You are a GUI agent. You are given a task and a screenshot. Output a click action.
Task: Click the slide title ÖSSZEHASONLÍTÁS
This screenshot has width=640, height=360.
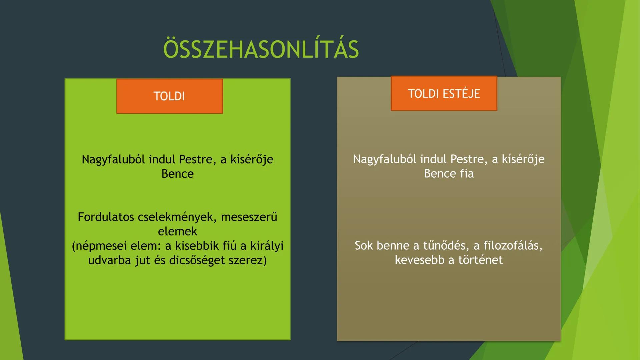click(261, 49)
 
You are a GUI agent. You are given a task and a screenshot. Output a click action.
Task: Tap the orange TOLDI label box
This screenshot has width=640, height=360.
click(169, 96)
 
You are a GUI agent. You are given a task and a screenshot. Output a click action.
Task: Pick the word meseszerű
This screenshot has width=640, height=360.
click(249, 217)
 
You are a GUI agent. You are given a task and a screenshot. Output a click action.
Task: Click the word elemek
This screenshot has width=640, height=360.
click(177, 231)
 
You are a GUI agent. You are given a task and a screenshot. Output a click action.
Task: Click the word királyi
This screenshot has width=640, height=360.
click(267, 246)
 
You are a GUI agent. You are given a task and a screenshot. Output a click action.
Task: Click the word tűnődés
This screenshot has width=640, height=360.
click(446, 246)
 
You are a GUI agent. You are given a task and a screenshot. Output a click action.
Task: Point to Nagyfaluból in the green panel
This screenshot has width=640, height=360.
click(113, 159)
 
